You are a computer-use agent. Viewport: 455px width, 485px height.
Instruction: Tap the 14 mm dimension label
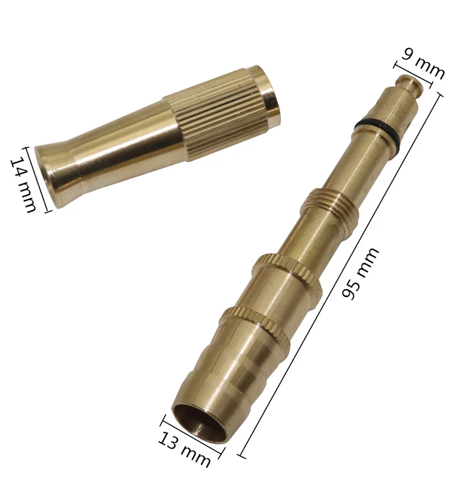pyautogui.click(x=24, y=185)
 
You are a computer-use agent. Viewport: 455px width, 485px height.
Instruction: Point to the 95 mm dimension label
pyautogui.click(x=360, y=273)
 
